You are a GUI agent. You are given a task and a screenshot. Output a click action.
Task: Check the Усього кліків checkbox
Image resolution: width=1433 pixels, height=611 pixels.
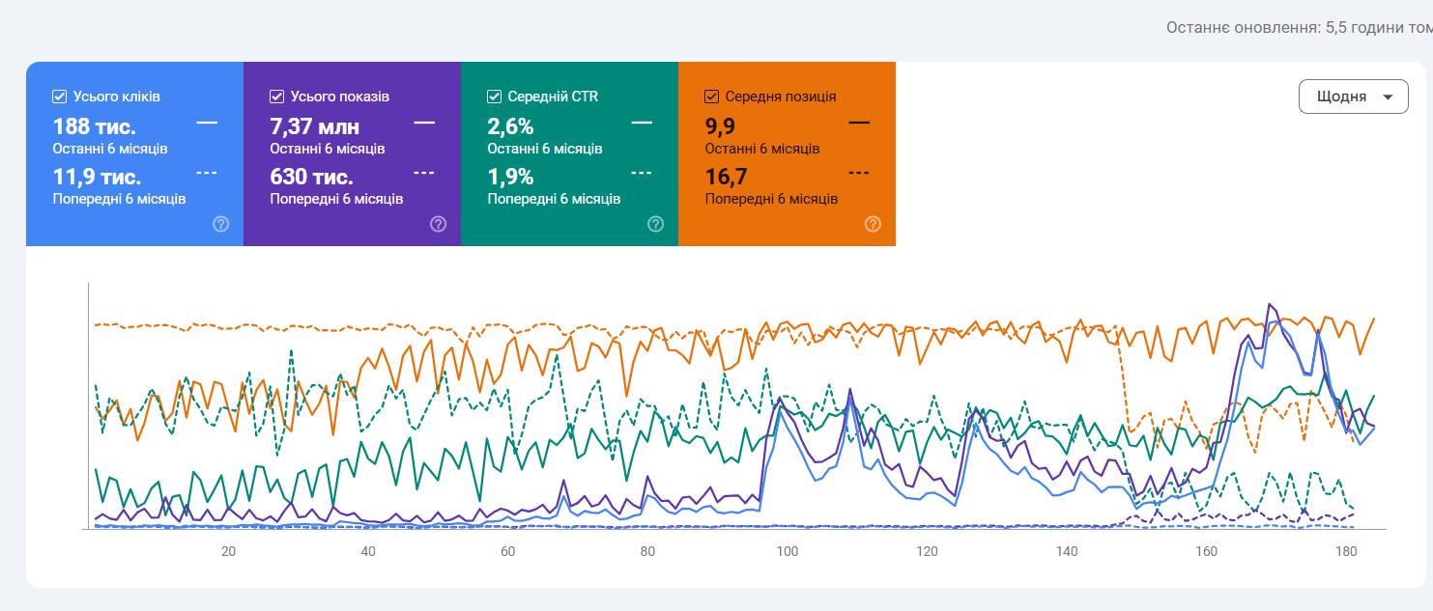pyautogui.click(x=59, y=97)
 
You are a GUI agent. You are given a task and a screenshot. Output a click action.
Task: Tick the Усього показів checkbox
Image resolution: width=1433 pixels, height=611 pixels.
pyautogui.click(x=276, y=97)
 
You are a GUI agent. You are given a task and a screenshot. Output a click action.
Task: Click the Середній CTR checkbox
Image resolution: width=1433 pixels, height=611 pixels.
pyautogui.click(x=494, y=97)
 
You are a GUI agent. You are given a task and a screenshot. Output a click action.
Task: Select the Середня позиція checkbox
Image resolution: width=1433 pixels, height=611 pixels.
pyautogui.click(x=712, y=97)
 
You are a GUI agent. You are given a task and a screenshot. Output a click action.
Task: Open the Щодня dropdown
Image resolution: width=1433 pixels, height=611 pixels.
pyautogui.click(x=1353, y=97)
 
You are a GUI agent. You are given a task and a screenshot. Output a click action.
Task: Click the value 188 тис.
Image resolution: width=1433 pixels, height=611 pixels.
pyautogui.click(x=94, y=126)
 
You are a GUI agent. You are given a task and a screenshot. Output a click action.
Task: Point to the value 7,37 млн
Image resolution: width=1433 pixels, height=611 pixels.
pyautogui.click(x=314, y=126)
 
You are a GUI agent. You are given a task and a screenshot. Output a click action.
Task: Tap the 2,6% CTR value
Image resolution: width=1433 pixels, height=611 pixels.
pyautogui.click(x=510, y=126)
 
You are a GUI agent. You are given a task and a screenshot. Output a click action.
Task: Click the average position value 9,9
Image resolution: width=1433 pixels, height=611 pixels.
pyautogui.click(x=720, y=126)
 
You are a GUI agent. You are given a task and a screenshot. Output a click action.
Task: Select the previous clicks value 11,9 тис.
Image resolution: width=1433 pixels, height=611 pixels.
pyautogui.click(x=97, y=178)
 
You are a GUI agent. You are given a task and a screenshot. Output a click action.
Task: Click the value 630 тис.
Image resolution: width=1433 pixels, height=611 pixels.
pyautogui.click(x=311, y=178)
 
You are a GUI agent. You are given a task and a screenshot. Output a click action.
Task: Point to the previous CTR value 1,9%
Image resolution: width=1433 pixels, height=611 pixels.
pyautogui.click(x=510, y=178)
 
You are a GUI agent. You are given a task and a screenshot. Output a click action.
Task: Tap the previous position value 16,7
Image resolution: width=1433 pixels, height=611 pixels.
pyautogui.click(x=726, y=178)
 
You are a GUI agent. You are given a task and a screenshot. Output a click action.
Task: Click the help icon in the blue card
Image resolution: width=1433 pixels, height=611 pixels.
pyautogui.click(x=220, y=224)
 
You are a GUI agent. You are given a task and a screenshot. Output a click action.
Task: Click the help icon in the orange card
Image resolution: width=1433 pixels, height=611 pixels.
pyautogui.click(x=873, y=224)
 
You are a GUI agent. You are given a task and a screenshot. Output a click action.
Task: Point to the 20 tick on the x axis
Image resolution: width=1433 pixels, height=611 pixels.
pyautogui.click(x=228, y=552)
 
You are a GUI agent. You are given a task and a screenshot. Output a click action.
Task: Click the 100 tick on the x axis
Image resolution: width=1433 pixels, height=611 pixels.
pyautogui.click(x=788, y=552)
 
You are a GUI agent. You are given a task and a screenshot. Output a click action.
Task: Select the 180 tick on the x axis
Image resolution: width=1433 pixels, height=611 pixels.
pyautogui.click(x=1346, y=552)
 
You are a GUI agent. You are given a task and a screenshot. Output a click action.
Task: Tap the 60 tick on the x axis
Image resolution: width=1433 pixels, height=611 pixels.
pyautogui.click(x=508, y=552)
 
